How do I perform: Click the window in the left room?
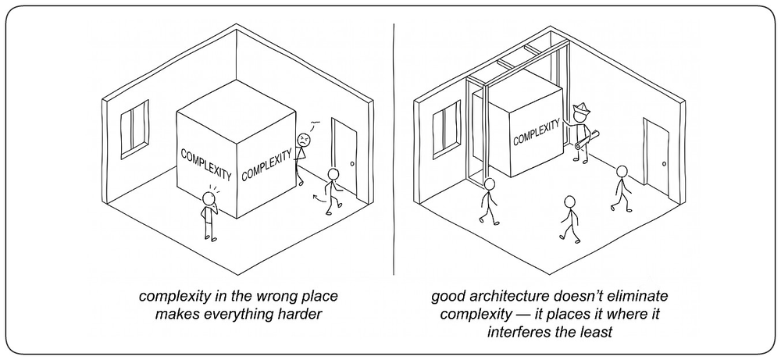click(134, 130)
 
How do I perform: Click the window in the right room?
click(446, 129)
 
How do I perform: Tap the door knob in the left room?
click(352, 164)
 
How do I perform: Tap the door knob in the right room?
click(664, 164)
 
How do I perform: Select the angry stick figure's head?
click(304, 140)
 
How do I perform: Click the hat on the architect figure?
click(580, 108)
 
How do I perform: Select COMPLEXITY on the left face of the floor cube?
click(205, 164)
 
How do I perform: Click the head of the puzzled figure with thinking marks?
click(209, 198)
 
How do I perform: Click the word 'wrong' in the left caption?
click(254, 297)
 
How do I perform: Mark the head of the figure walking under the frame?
click(490, 184)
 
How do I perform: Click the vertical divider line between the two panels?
click(394, 149)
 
